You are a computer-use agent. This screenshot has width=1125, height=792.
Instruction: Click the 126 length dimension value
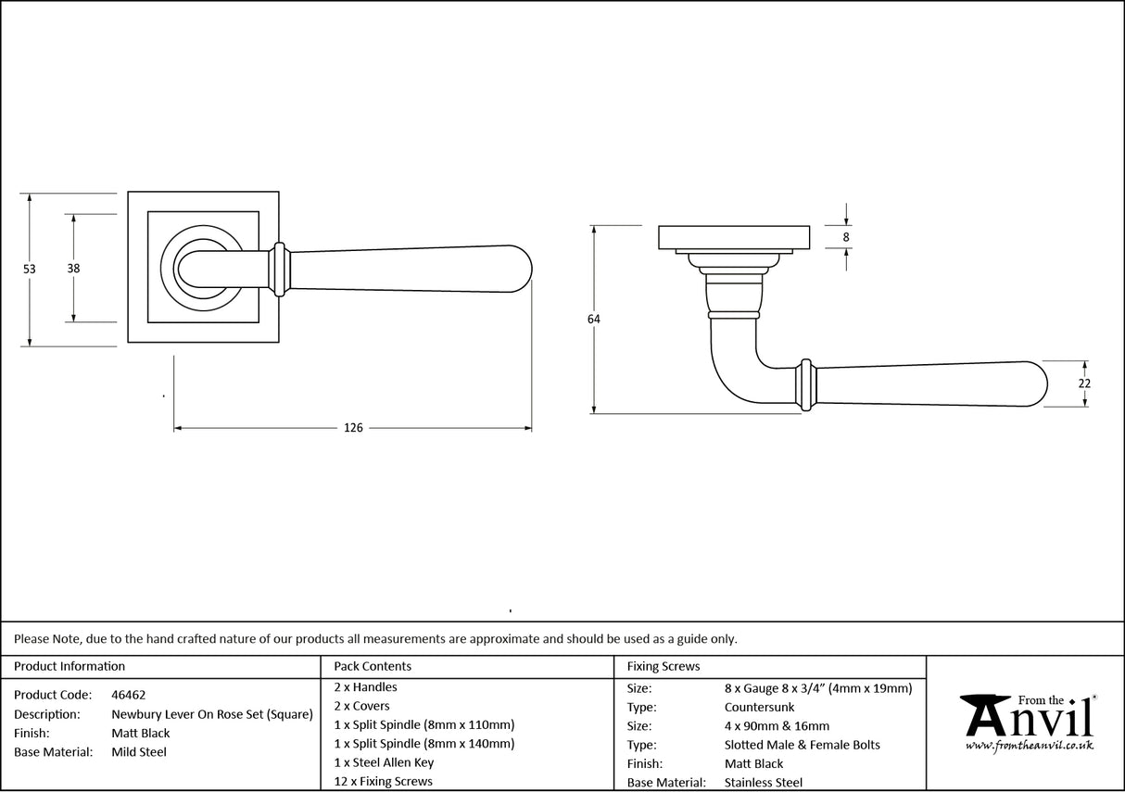pyautogui.click(x=353, y=428)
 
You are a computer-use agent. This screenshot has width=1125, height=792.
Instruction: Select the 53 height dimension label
pyautogui.click(x=30, y=269)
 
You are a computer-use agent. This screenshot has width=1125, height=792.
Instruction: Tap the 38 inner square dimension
pyautogui.click(x=73, y=269)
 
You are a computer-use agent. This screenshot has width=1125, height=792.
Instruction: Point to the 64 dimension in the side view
pyautogui.click(x=593, y=320)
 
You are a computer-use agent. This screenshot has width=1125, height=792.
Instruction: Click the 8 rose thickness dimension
pyautogui.click(x=846, y=236)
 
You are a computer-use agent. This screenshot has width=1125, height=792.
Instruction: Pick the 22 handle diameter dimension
pyautogui.click(x=1085, y=383)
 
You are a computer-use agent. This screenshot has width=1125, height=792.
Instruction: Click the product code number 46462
pyautogui.click(x=128, y=695)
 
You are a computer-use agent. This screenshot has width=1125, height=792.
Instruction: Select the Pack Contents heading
pyautogui.click(x=373, y=666)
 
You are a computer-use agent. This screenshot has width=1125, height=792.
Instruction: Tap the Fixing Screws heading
pyautogui.click(x=664, y=666)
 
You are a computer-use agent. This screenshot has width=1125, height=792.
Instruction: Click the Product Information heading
pyautogui.click(x=70, y=666)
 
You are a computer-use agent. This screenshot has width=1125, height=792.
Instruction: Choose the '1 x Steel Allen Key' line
pyautogui.click(x=384, y=762)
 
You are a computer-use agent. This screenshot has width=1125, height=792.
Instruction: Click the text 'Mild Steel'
pyautogui.click(x=139, y=752)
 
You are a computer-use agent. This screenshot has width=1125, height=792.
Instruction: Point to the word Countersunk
pyautogui.click(x=759, y=707)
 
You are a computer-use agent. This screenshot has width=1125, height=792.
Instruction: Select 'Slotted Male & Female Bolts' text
pyautogui.click(x=803, y=745)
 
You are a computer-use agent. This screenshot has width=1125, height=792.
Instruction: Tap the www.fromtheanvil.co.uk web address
pyautogui.click(x=1029, y=746)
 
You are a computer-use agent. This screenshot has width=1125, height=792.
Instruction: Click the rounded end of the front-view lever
pyautogui.click(x=519, y=270)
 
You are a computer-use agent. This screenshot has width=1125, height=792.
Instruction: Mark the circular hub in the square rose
pyautogui.click(x=196, y=269)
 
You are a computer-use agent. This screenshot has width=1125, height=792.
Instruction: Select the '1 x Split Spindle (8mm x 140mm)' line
pyautogui.click(x=423, y=743)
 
